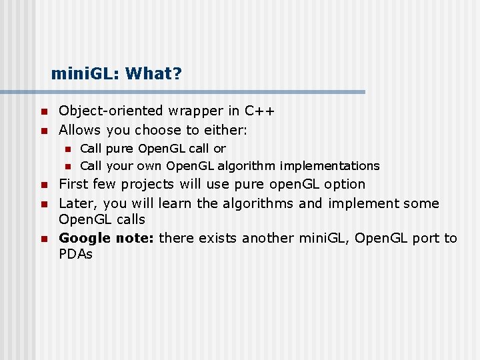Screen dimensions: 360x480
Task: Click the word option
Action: (x=344, y=184)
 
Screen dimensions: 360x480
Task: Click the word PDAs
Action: (x=75, y=254)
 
